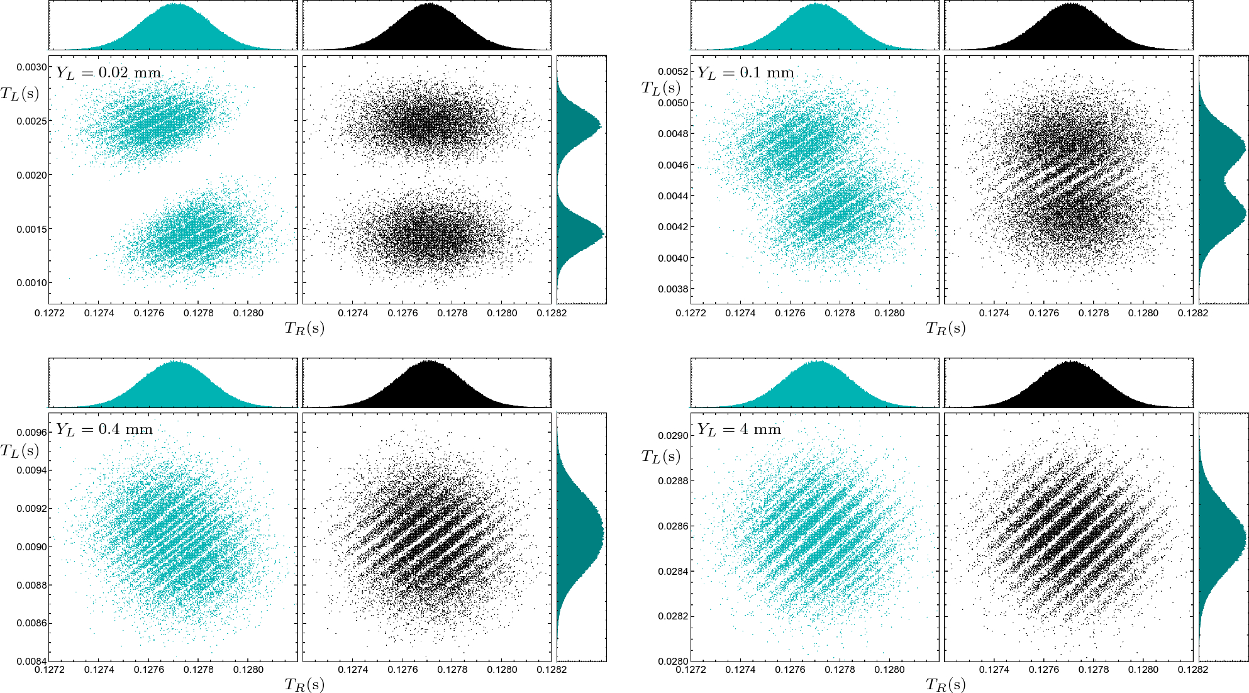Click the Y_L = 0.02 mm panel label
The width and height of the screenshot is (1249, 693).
coord(109,73)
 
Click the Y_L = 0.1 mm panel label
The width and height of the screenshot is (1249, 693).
coord(745,73)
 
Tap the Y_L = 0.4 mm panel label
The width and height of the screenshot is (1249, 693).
coord(104,430)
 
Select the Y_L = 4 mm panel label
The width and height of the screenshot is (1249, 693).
coord(739,430)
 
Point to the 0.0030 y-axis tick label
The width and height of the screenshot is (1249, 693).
coord(31,67)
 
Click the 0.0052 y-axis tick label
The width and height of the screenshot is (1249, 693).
coord(673,72)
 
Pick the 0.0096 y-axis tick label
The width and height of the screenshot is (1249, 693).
coord(31,433)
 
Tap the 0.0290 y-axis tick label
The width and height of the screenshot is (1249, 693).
coord(673,436)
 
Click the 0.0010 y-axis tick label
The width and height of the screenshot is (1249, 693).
coord(31,283)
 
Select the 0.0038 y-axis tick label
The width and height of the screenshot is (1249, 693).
coord(673,289)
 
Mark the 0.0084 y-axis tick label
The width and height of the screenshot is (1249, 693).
coord(31,662)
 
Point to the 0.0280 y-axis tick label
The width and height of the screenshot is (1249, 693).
coord(673,662)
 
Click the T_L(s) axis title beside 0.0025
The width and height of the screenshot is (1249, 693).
coord(19,94)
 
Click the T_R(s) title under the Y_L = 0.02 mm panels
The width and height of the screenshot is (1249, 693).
coord(304,328)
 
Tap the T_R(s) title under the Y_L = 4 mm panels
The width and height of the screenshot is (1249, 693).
coord(945,685)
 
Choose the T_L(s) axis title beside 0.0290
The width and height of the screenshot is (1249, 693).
coord(660,457)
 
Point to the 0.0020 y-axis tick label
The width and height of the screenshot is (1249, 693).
coord(31,175)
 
